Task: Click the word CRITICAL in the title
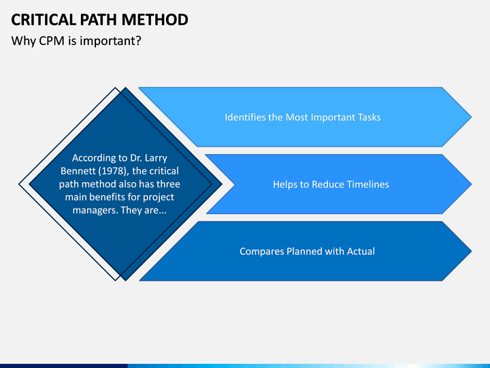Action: click(44, 20)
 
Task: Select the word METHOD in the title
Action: click(155, 20)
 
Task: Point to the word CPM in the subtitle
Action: click(52, 41)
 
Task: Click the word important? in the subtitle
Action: click(110, 41)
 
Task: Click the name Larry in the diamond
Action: click(156, 158)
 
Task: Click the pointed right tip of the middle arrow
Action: click(472, 184)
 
